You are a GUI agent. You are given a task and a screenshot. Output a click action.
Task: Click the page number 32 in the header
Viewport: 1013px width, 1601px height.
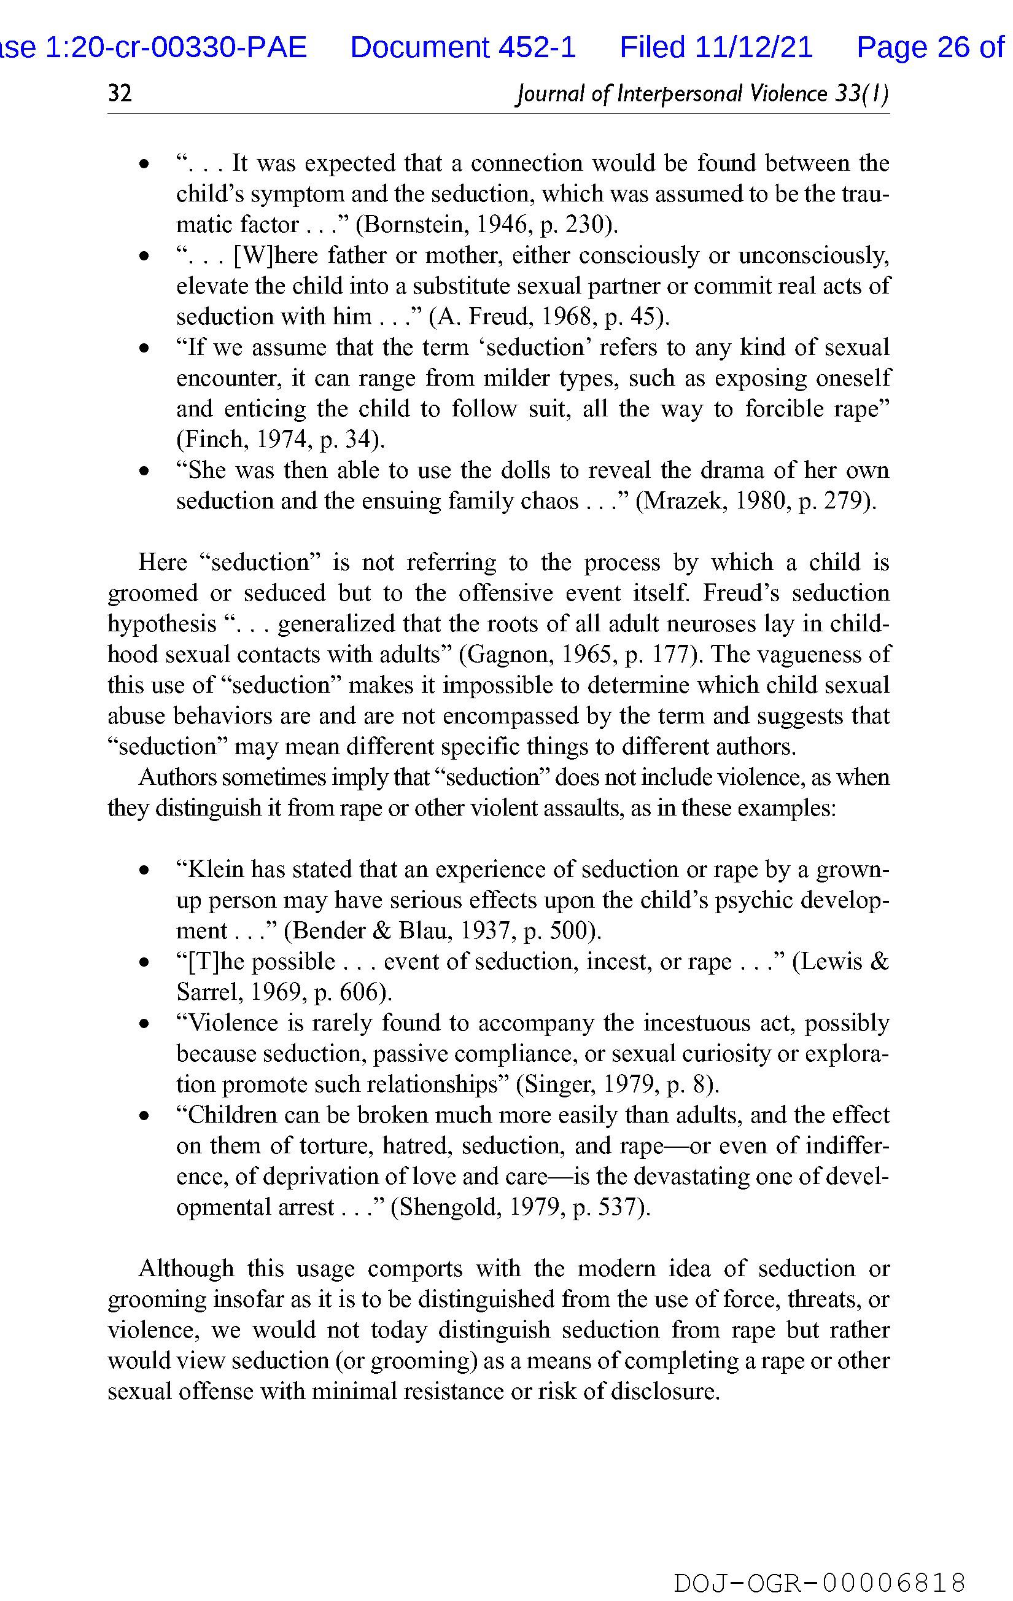click(x=120, y=94)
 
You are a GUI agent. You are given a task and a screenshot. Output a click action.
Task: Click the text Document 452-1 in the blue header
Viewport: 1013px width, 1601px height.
click(x=463, y=47)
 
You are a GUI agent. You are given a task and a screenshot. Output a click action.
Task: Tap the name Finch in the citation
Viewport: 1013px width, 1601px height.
click(x=214, y=440)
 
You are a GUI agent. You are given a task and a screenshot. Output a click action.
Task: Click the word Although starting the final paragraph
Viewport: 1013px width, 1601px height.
click(x=186, y=1269)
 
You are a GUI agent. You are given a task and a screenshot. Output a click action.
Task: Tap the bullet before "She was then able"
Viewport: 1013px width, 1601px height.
click(x=144, y=472)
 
